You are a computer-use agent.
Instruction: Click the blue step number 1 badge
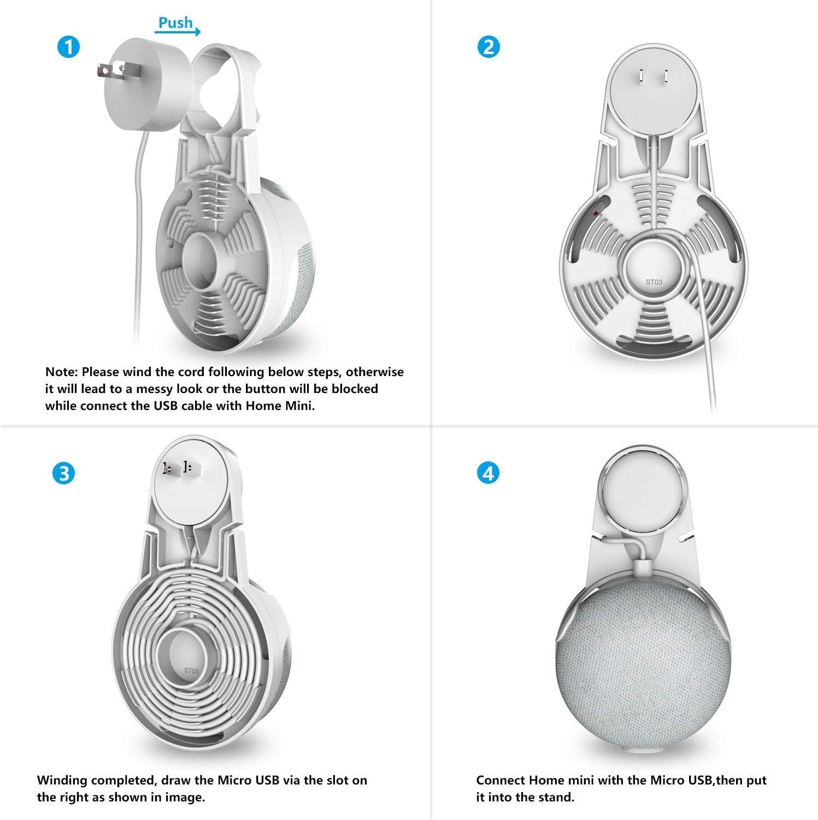point(68,46)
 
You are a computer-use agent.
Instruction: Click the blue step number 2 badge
point(489,46)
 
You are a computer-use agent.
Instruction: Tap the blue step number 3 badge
point(64,473)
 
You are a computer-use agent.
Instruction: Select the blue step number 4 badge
point(489,473)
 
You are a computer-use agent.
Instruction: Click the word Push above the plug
point(175,22)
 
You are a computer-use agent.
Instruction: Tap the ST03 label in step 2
point(654,282)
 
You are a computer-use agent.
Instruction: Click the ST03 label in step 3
point(192,670)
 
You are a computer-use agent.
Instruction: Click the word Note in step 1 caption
point(62,372)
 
